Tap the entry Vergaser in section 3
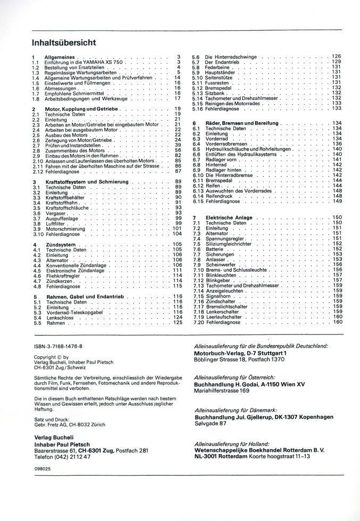click(56, 213)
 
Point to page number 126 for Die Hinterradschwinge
click(336, 56)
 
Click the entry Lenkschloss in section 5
click(60, 317)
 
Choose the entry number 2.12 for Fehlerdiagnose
click(37, 171)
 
